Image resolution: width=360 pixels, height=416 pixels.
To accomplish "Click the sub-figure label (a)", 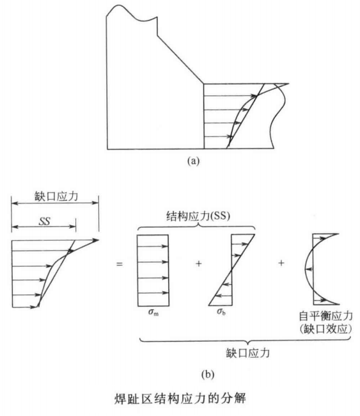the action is click(x=193, y=161).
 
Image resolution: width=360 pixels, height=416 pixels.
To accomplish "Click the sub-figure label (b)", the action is click(x=208, y=374).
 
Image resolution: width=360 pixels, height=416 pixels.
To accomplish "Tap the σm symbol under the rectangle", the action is click(x=153, y=312).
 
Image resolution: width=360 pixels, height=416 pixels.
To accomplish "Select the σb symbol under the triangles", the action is click(x=221, y=312).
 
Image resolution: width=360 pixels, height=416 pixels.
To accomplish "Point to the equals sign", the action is click(x=120, y=264).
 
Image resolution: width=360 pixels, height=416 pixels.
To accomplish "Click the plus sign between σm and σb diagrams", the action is click(x=199, y=264).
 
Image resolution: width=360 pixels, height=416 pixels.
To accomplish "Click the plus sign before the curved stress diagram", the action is click(x=281, y=263).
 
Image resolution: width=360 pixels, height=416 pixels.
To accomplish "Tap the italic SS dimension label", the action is click(x=44, y=221).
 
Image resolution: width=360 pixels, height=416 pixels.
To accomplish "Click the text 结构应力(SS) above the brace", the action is click(x=198, y=216).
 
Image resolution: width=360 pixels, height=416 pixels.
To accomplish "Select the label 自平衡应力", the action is click(x=326, y=316).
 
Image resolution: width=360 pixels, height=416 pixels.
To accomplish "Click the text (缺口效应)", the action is click(x=326, y=329).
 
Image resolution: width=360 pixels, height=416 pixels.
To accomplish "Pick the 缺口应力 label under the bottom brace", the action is click(x=248, y=353).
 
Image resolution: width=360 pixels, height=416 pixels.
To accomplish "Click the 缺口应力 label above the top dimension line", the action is click(x=56, y=196).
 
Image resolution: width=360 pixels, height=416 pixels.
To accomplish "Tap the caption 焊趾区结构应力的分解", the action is click(x=180, y=399).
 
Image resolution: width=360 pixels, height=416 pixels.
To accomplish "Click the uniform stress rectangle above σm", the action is click(x=153, y=270).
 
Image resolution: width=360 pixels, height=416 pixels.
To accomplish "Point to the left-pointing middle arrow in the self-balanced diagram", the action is click(x=309, y=269).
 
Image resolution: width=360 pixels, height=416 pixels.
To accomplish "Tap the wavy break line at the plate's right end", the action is click(x=278, y=116).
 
